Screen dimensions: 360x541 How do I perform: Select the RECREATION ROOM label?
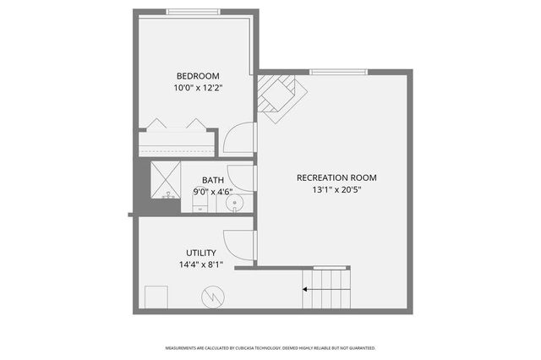click(336, 177)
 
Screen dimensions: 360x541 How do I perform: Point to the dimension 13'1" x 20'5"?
click(336, 190)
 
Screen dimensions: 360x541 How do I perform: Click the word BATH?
click(212, 180)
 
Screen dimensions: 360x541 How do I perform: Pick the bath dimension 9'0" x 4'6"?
click(212, 192)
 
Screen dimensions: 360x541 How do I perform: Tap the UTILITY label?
click(201, 253)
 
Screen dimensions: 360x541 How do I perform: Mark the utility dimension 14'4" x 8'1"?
click(201, 265)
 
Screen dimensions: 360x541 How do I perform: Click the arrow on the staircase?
click(325, 290)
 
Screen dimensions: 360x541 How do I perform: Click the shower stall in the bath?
click(166, 178)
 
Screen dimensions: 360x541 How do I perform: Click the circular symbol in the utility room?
click(211, 297)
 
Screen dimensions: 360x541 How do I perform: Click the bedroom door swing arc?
click(240, 139)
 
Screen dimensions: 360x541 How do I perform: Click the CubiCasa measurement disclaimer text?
click(270, 347)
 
